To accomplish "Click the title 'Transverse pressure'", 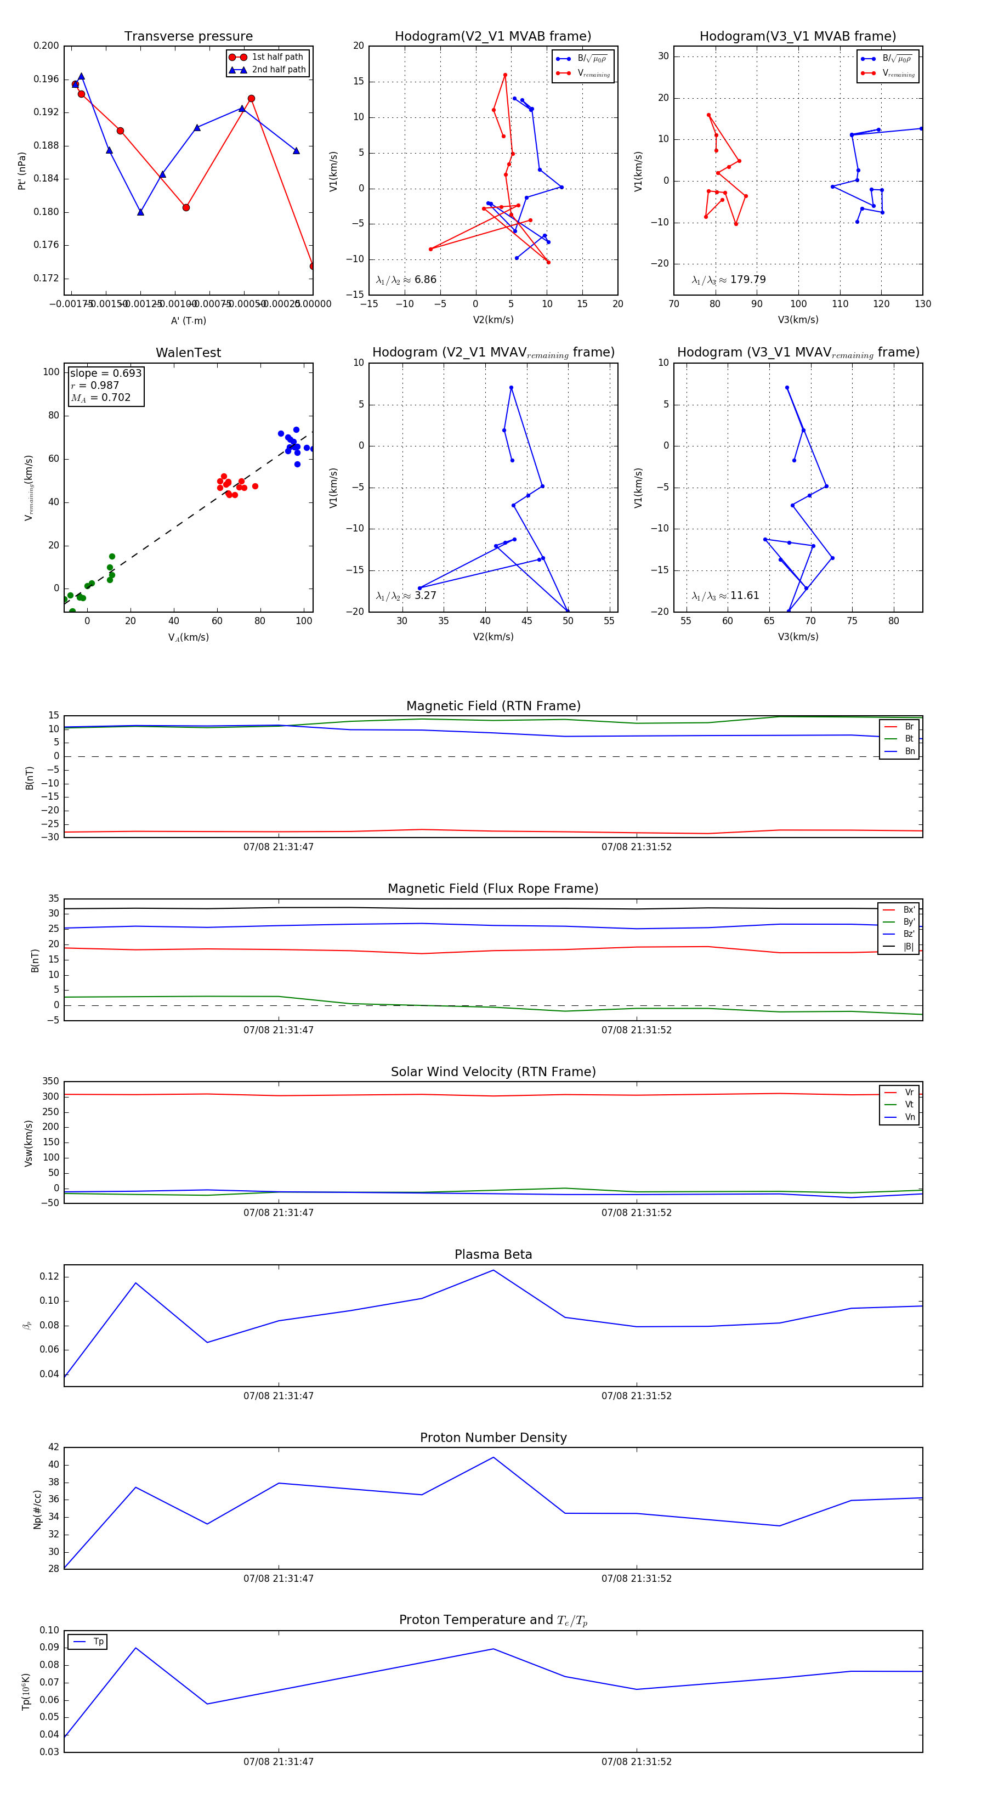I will tap(188, 37).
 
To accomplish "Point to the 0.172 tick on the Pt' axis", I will tap(47, 278).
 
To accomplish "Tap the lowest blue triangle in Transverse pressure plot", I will tap(140, 212).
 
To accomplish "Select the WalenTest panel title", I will tap(188, 353).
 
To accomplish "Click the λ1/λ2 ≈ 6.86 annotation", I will tap(406, 280).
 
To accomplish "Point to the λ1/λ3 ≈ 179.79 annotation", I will tap(729, 280).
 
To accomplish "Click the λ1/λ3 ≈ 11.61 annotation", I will tap(725, 596).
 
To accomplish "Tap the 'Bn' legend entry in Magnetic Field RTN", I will tap(909, 751).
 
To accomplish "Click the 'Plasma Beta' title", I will tap(493, 1255).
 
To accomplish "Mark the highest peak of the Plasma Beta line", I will tap(493, 1270).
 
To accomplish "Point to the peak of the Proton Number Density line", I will tap(493, 1457).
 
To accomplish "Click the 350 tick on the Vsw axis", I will tap(50, 1082).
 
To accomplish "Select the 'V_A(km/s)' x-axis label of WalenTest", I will tap(188, 637).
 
